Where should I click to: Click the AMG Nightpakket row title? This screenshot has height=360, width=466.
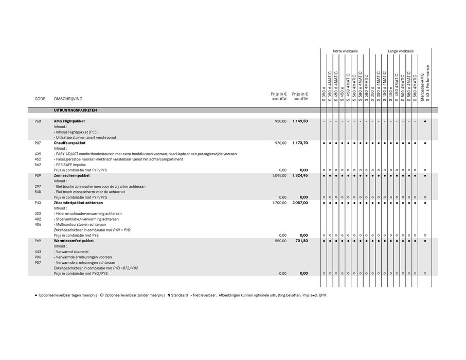coord(69,121)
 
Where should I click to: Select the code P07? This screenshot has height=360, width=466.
coord(38,143)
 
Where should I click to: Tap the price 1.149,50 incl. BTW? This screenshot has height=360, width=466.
coord(300,121)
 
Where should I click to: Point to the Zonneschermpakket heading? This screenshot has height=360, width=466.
coord(72,175)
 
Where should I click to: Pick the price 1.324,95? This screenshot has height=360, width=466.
coord(300,175)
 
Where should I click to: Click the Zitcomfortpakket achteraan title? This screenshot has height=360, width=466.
coord(78,203)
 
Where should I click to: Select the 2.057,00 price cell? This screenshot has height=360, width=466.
coord(300,203)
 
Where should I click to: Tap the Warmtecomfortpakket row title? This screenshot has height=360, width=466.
coord(74,241)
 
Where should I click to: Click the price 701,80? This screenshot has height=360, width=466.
coord(301,241)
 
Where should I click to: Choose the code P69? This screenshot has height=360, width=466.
coord(38,241)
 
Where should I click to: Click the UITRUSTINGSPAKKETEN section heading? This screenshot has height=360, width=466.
coord(75,110)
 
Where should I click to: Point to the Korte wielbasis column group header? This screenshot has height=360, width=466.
coord(345,51)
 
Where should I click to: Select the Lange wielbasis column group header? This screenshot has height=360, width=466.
coord(401,51)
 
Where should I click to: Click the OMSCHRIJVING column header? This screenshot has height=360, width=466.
coord(68,99)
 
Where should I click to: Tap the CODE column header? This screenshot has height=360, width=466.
coord(40,99)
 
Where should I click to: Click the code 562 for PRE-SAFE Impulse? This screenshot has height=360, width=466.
coord(38,165)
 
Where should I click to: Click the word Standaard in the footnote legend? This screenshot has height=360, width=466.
coord(180,296)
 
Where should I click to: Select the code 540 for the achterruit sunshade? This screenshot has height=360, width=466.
coord(38,192)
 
